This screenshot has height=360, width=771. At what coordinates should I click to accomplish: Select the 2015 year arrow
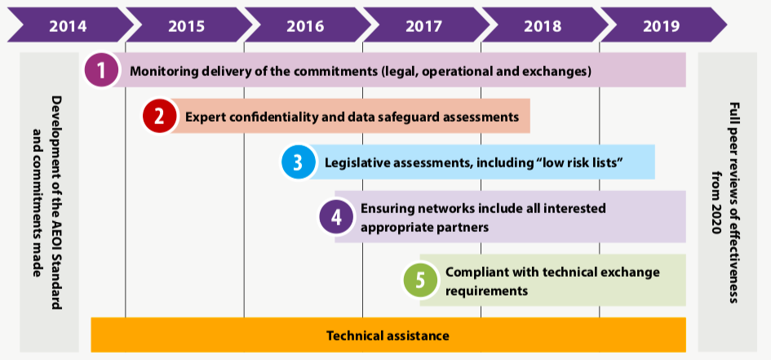pyautogui.click(x=186, y=24)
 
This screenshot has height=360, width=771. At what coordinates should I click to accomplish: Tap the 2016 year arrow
pyautogui.click(x=305, y=24)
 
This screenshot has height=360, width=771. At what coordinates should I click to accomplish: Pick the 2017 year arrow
pyautogui.click(x=424, y=24)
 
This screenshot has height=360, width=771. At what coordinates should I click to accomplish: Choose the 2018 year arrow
pyautogui.click(x=543, y=24)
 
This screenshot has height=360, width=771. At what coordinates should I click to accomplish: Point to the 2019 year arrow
pyautogui.click(x=661, y=24)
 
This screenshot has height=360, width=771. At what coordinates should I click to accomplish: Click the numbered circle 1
pyautogui.click(x=101, y=71)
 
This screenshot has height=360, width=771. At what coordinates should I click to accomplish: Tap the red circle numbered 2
pyautogui.click(x=159, y=117)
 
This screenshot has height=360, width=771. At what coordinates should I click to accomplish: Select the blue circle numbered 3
pyautogui.click(x=299, y=162)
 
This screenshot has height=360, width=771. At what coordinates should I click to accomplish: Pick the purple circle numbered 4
pyautogui.click(x=336, y=217)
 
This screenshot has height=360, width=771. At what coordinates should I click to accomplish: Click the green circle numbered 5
pyautogui.click(x=420, y=280)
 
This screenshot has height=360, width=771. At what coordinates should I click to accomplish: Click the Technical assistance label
pyautogui.click(x=388, y=335)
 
